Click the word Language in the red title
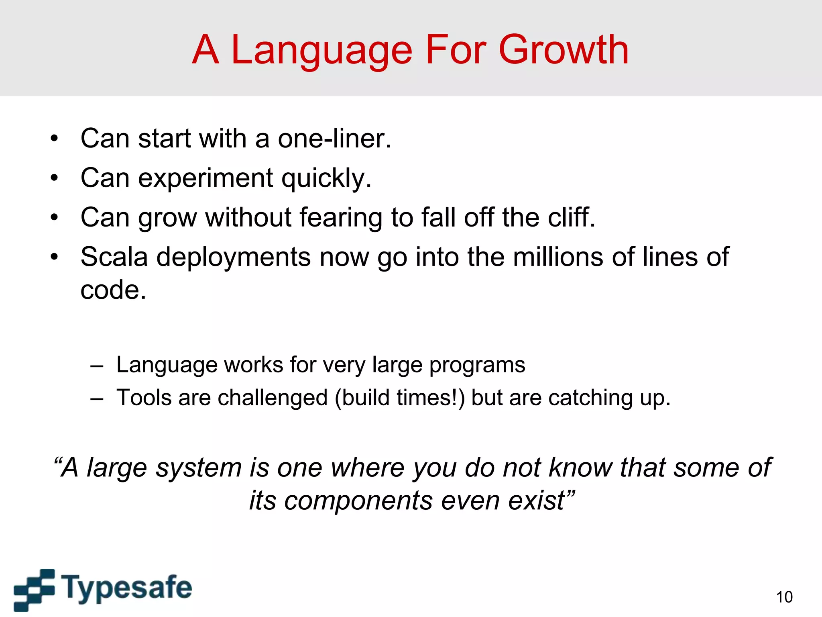tap(322, 50)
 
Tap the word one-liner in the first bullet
tap(334, 139)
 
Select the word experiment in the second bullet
tap(206, 178)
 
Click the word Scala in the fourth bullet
tap(114, 257)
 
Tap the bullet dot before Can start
tap(54, 139)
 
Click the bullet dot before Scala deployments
tap(54, 257)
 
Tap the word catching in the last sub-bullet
tap(590, 398)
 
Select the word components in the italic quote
tap(358, 501)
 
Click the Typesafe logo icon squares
tap(34, 589)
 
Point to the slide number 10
tap(784, 597)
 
